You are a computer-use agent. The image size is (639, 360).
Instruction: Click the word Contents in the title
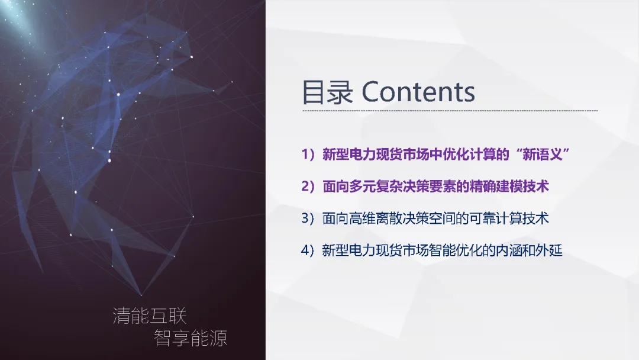pyautogui.click(x=418, y=92)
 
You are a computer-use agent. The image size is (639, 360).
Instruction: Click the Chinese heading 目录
pyautogui.click(x=327, y=92)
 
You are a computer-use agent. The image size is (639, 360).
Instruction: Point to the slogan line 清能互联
pyautogui.click(x=150, y=316)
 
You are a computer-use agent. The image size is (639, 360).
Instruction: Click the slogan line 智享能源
pyautogui.click(x=191, y=338)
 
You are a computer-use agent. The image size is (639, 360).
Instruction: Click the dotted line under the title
pyautogui.click(x=450, y=111)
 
